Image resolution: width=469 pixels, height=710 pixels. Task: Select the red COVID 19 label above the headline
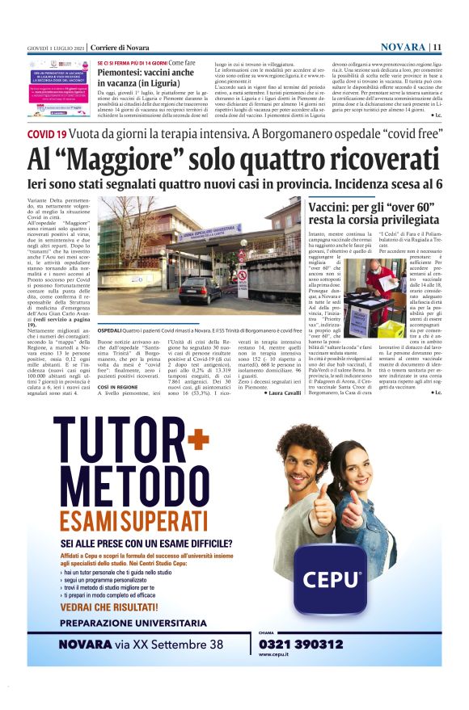pyautogui.click(x=47, y=134)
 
